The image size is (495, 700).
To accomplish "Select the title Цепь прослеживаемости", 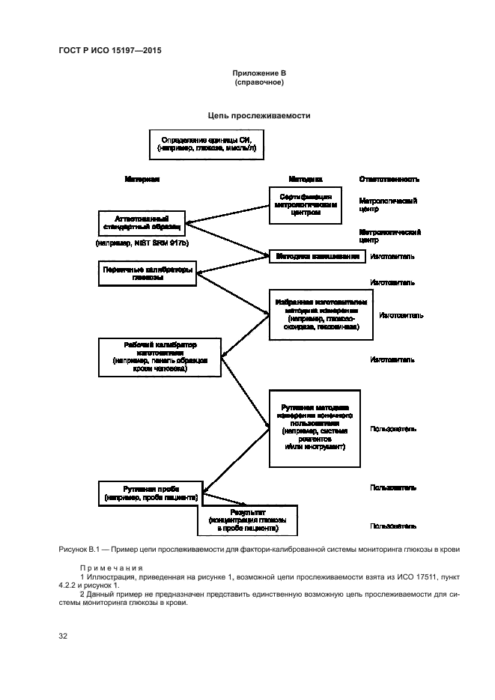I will click(259, 116).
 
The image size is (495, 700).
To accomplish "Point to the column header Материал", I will click(142, 180).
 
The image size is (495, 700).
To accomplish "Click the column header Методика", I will click(306, 180).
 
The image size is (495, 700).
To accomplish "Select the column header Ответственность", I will click(389, 180).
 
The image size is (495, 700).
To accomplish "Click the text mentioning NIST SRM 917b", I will click(142, 244).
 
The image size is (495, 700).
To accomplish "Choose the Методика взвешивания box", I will click(318, 256).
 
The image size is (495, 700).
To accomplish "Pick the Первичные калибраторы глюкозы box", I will click(148, 273).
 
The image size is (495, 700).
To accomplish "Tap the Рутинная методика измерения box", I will click(315, 428).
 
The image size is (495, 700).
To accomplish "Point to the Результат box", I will click(248, 520).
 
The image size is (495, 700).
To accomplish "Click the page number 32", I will click(64, 636).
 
